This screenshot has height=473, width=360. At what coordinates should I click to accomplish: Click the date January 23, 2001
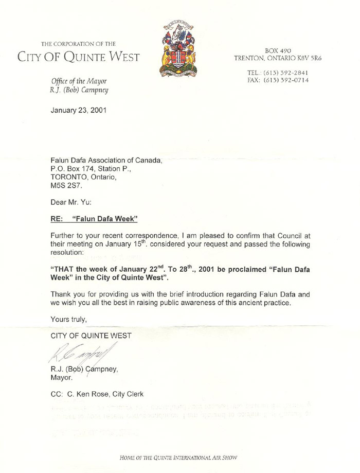(x=78, y=109)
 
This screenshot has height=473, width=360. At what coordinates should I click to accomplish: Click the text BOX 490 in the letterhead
(x=278, y=50)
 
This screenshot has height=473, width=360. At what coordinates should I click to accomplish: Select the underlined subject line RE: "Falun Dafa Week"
(x=94, y=219)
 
